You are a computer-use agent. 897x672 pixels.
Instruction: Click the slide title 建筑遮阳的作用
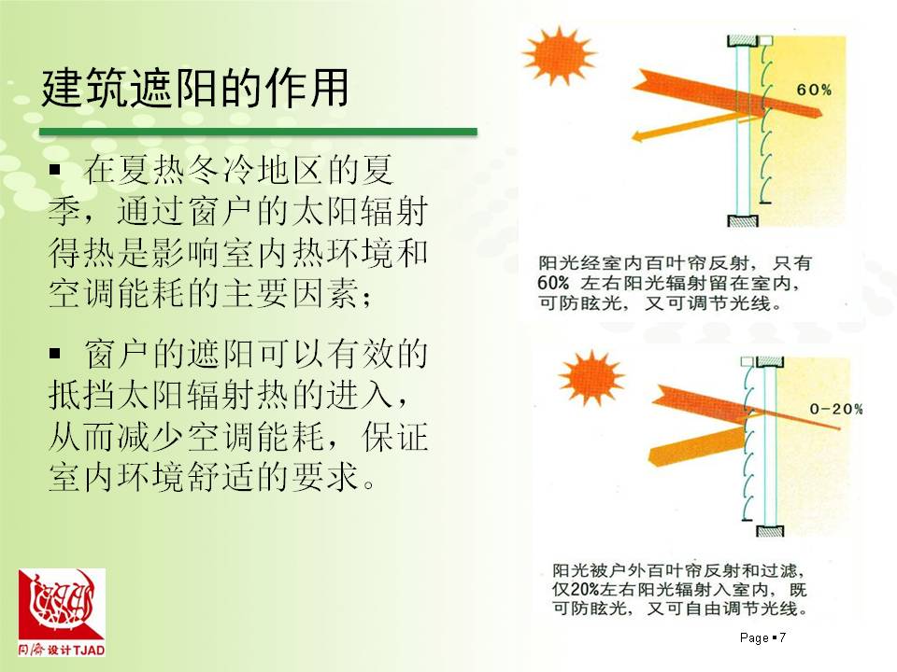point(194,88)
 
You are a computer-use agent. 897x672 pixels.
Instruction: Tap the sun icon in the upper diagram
point(559,55)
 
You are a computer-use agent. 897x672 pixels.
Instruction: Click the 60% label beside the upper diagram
point(814,90)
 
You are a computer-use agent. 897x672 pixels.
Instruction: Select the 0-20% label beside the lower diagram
point(835,409)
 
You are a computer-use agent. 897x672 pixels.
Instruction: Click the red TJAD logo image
point(62,605)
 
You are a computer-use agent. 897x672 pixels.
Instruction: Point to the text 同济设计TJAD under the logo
point(62,650)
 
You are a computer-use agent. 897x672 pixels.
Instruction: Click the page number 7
point(783,637)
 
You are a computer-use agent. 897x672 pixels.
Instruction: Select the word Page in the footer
point(754,637)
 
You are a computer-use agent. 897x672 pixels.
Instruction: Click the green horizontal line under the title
point(258,132)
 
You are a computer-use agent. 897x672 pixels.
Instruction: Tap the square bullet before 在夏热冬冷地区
point(55,169)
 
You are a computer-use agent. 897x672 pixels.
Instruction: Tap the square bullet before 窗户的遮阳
point(55,353)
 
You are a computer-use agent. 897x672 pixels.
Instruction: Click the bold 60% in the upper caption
point(553,283)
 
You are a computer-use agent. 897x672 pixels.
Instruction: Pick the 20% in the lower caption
point(585,589)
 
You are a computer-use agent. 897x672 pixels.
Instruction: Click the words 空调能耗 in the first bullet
point(118,293)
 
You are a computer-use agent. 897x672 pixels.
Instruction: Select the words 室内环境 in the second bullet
point(118,477)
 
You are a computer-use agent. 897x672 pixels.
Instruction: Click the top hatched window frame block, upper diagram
point(743,40)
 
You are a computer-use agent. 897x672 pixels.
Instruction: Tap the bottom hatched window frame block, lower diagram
point(770,531)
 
